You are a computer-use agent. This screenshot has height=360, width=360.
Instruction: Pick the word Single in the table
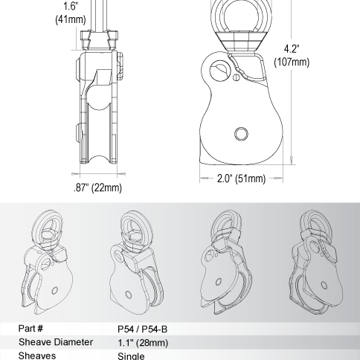[x=132, y=356]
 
